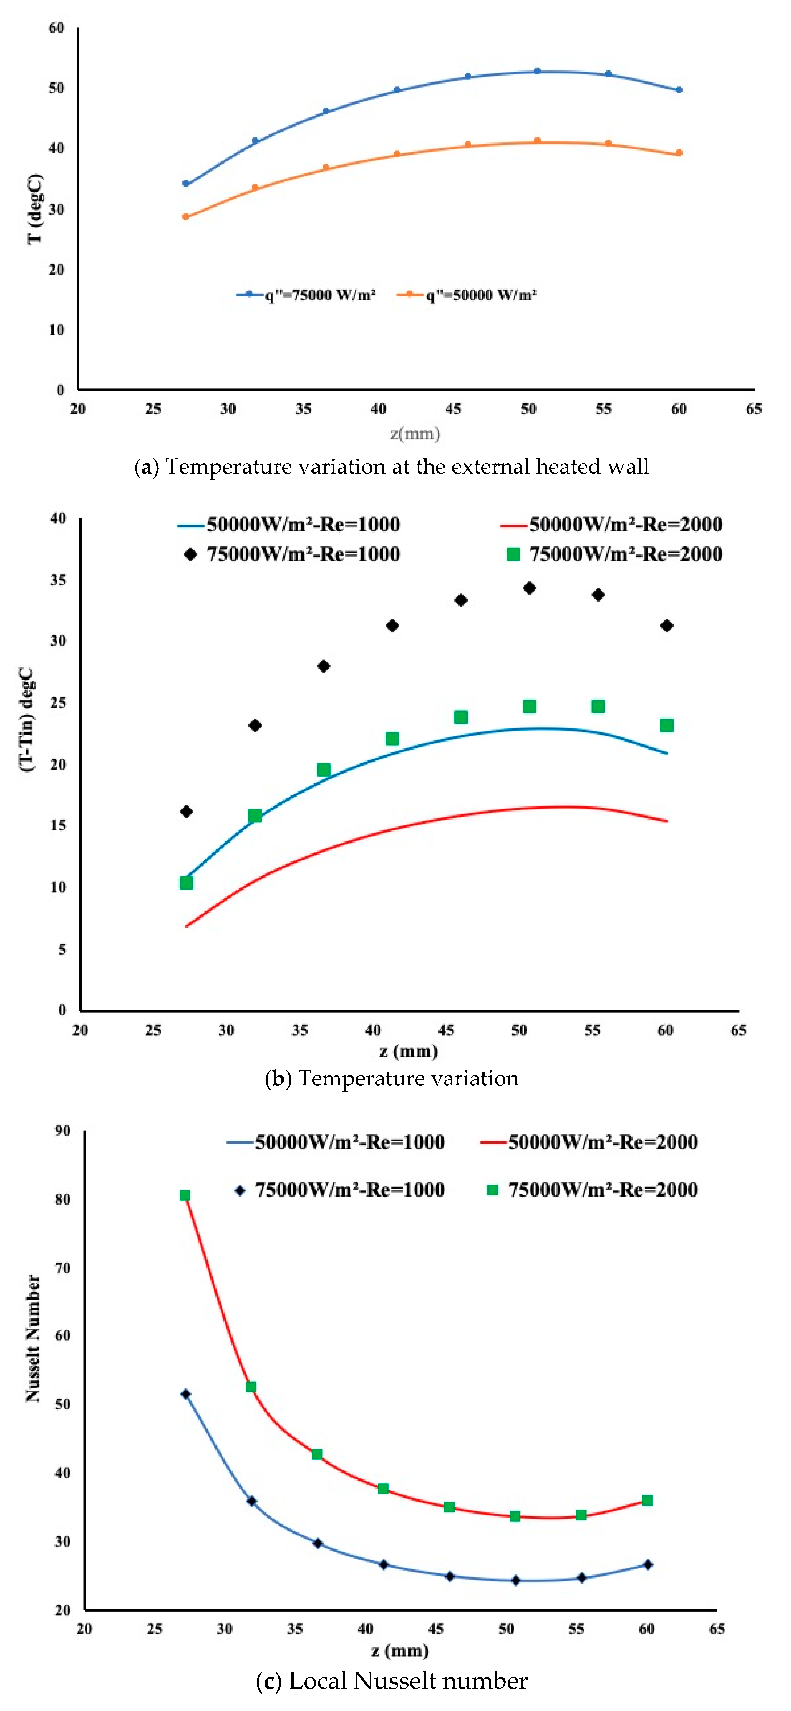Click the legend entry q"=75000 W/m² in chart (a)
pos(307,295)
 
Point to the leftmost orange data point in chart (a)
pos(185,217)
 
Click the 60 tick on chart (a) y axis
pos(57,28)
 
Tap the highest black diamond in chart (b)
pos(529,588)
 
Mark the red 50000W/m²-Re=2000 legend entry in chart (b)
pos(611,524)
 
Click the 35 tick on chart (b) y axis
pos(59,580)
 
